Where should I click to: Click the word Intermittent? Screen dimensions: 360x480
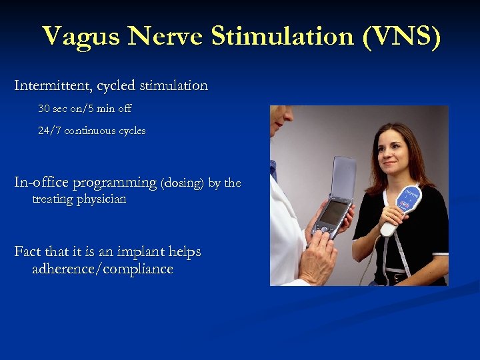click(x=53, y=86)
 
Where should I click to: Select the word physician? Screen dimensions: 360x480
click(x=100, y=199)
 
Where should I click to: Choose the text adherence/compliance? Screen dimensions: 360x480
click(x=103, y=269)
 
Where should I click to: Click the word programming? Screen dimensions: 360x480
click(x=114, y=183)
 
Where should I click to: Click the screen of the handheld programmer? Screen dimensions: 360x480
click(x=333, y=213)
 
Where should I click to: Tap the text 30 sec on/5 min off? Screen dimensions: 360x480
click(x=85, y=108)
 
